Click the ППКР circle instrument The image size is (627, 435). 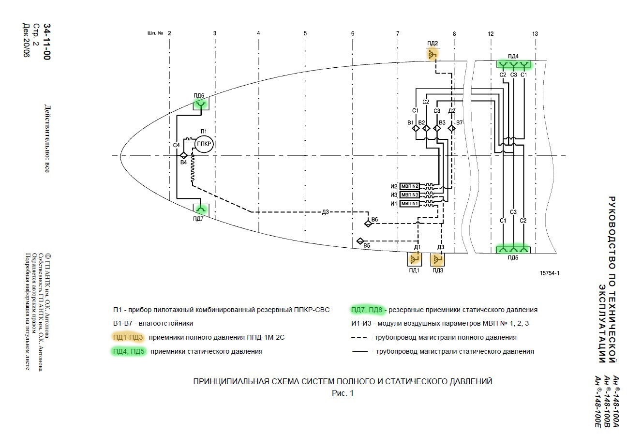coord(204,144)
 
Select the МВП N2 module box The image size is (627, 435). coord(409,186)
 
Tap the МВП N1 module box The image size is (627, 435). coord(409,204)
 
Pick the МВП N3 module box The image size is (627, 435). coord(409,195)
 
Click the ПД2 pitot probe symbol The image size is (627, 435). coord(433,54)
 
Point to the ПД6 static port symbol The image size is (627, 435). coord(201,105)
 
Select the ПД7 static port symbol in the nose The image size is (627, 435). coord(201,210)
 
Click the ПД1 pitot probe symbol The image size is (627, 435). coord(415,259)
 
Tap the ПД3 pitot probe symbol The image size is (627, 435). coord(437,259)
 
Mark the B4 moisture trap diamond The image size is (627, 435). coord(184,155)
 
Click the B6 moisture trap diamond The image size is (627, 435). coord(368,224)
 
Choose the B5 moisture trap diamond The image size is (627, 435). coord(360,241)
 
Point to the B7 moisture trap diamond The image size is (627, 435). coord(451,129)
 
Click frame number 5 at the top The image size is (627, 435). coord(305,33)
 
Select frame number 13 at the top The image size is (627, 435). coord(535,34)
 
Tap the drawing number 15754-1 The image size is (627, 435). coord(550,273)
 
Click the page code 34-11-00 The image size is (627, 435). coord(47,42)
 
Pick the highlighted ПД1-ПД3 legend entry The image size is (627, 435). coord(128,337)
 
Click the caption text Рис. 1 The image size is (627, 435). coord(343,393)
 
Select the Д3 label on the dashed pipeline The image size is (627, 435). coord(325,212)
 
